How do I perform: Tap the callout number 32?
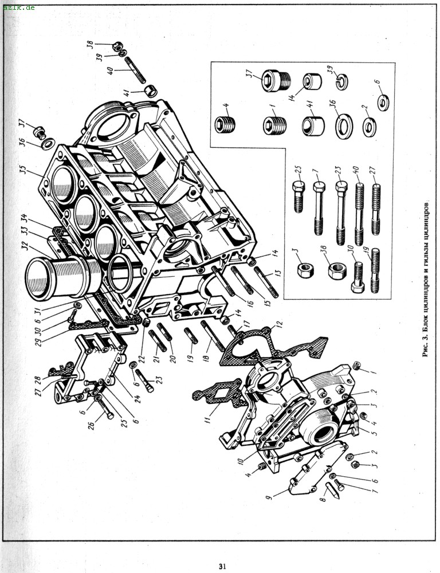point(25,246)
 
